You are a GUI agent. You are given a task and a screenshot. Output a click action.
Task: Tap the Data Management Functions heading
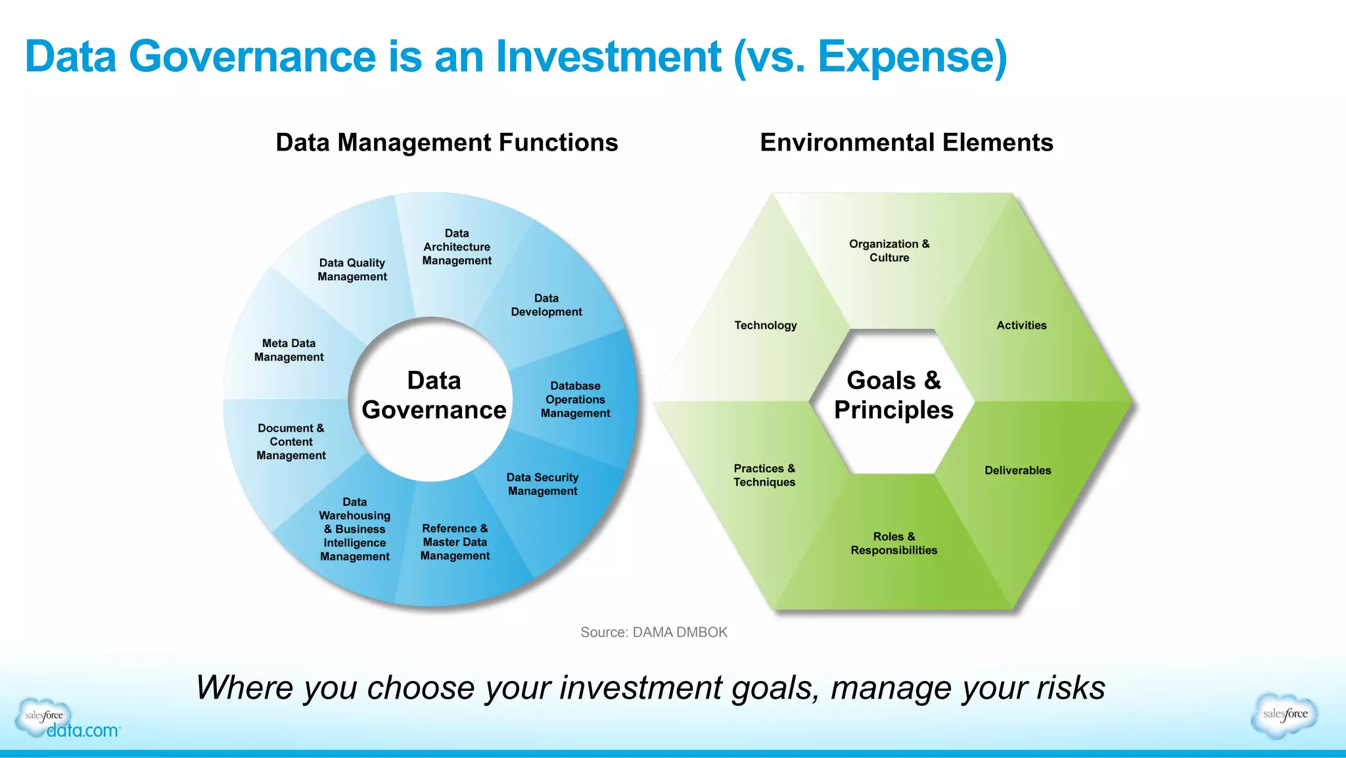click(x=446, y=143)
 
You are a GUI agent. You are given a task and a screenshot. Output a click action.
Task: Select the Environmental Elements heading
click(x=906, y=143)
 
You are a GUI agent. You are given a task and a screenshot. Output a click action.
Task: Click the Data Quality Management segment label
click(x=352, y=270)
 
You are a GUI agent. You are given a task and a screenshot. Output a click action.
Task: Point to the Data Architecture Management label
click(x=457, y=247)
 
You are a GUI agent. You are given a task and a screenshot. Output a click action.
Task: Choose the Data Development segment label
click(x=546, y=305)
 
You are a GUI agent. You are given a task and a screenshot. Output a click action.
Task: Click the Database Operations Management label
click(x=575, y=399)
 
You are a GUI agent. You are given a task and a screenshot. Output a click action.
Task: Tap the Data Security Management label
click(x=542, y=484)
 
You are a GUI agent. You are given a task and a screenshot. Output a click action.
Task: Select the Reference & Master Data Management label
click(x=455, y=542)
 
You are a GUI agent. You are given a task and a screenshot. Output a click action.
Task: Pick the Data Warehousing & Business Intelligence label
click(x=355, y=529)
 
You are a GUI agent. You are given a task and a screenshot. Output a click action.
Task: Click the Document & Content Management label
click(x=291, y=441)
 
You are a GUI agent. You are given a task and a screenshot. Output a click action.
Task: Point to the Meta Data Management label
click(x=289, y=350)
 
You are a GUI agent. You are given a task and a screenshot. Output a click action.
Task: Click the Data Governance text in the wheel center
click(x=434, y=395)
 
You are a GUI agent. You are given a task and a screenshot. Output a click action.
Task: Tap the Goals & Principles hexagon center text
click(x=894, y=395)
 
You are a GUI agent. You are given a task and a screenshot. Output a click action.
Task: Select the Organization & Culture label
click(x=889, y=250)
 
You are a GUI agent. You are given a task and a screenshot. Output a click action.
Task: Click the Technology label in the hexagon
click(x=766, y=325)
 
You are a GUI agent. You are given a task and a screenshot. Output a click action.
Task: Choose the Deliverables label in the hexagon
click(x=1017, y=470)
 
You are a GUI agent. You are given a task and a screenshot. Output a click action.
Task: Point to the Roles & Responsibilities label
click(x=894, y=543)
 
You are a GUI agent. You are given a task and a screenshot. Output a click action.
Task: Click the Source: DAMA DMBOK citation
click(x=654, y=632)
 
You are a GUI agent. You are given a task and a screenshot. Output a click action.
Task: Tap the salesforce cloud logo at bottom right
click(x=1285, y=715)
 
